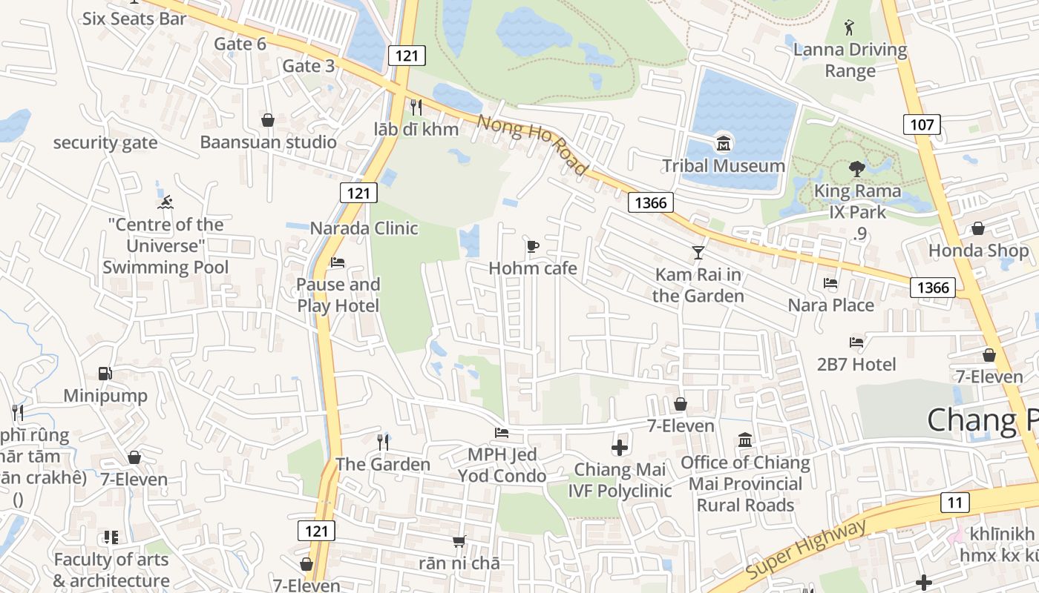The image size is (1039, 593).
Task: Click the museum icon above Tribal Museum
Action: click(723, 142)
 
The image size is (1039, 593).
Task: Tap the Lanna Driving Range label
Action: click(850, 60)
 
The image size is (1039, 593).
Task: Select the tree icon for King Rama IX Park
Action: click(857, 168)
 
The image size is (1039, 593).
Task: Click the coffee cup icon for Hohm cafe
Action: click(532, 246)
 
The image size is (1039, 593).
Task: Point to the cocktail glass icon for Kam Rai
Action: click(698, 252)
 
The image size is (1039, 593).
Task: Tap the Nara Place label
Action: click(830, 305)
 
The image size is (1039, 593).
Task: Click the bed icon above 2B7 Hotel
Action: click(856, 342)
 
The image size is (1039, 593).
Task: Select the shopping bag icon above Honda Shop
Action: click(978, 228)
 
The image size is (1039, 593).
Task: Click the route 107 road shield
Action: click(922, 124)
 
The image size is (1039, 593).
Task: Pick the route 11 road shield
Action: click(954, 503)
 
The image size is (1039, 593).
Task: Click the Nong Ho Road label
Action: click(532, 145)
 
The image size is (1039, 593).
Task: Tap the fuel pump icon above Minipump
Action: click(105, 374)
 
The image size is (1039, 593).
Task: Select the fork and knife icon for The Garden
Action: click(383, 443)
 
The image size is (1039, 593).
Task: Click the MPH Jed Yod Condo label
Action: click(502, 465)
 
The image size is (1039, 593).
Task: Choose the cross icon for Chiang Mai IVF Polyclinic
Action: click(620, 448)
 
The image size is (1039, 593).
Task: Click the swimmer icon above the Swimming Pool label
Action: click(165, 202)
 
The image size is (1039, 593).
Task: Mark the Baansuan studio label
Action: click(268, 142)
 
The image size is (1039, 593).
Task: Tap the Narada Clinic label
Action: click(364, 228)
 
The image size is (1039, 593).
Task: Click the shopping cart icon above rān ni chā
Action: click(459, 542)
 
